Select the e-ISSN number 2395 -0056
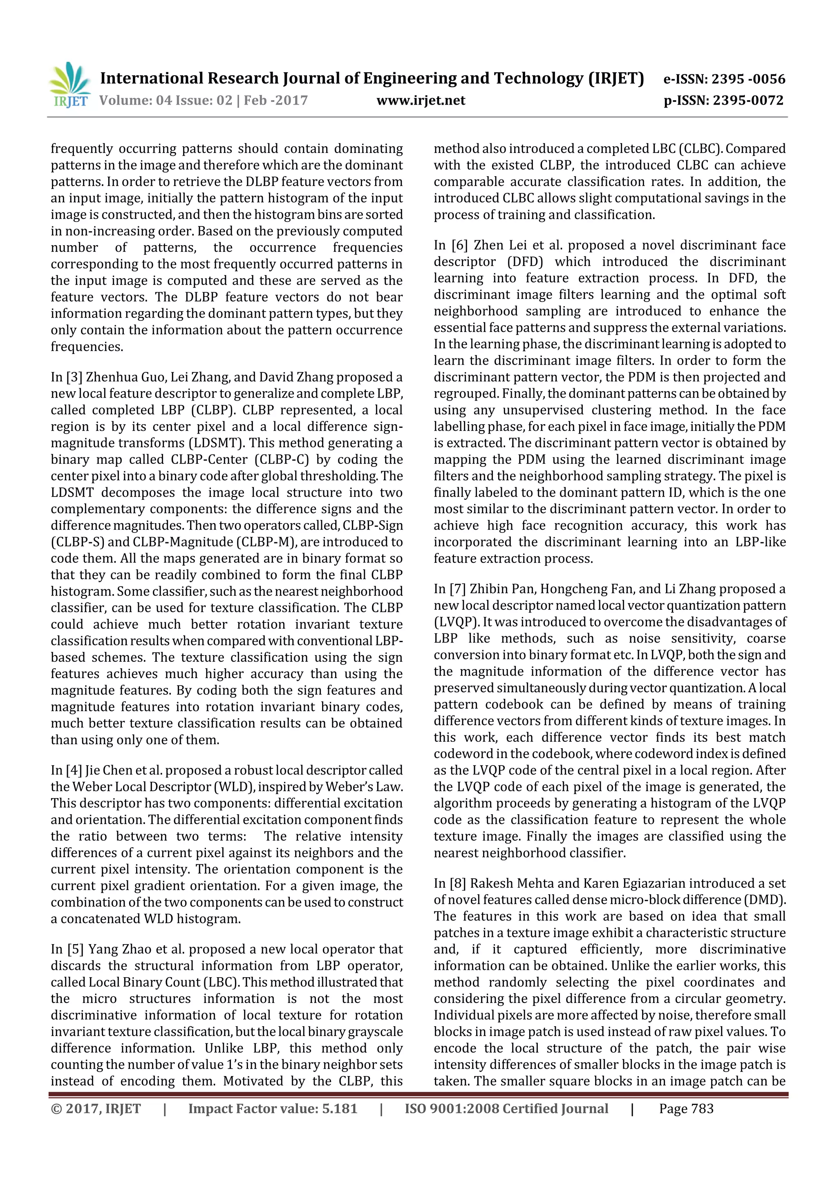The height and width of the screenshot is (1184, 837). click(x=748, y=79)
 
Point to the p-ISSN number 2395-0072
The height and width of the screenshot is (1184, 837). click(x=748, y=101)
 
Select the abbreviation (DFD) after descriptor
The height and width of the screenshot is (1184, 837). click(x=525, y=262)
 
